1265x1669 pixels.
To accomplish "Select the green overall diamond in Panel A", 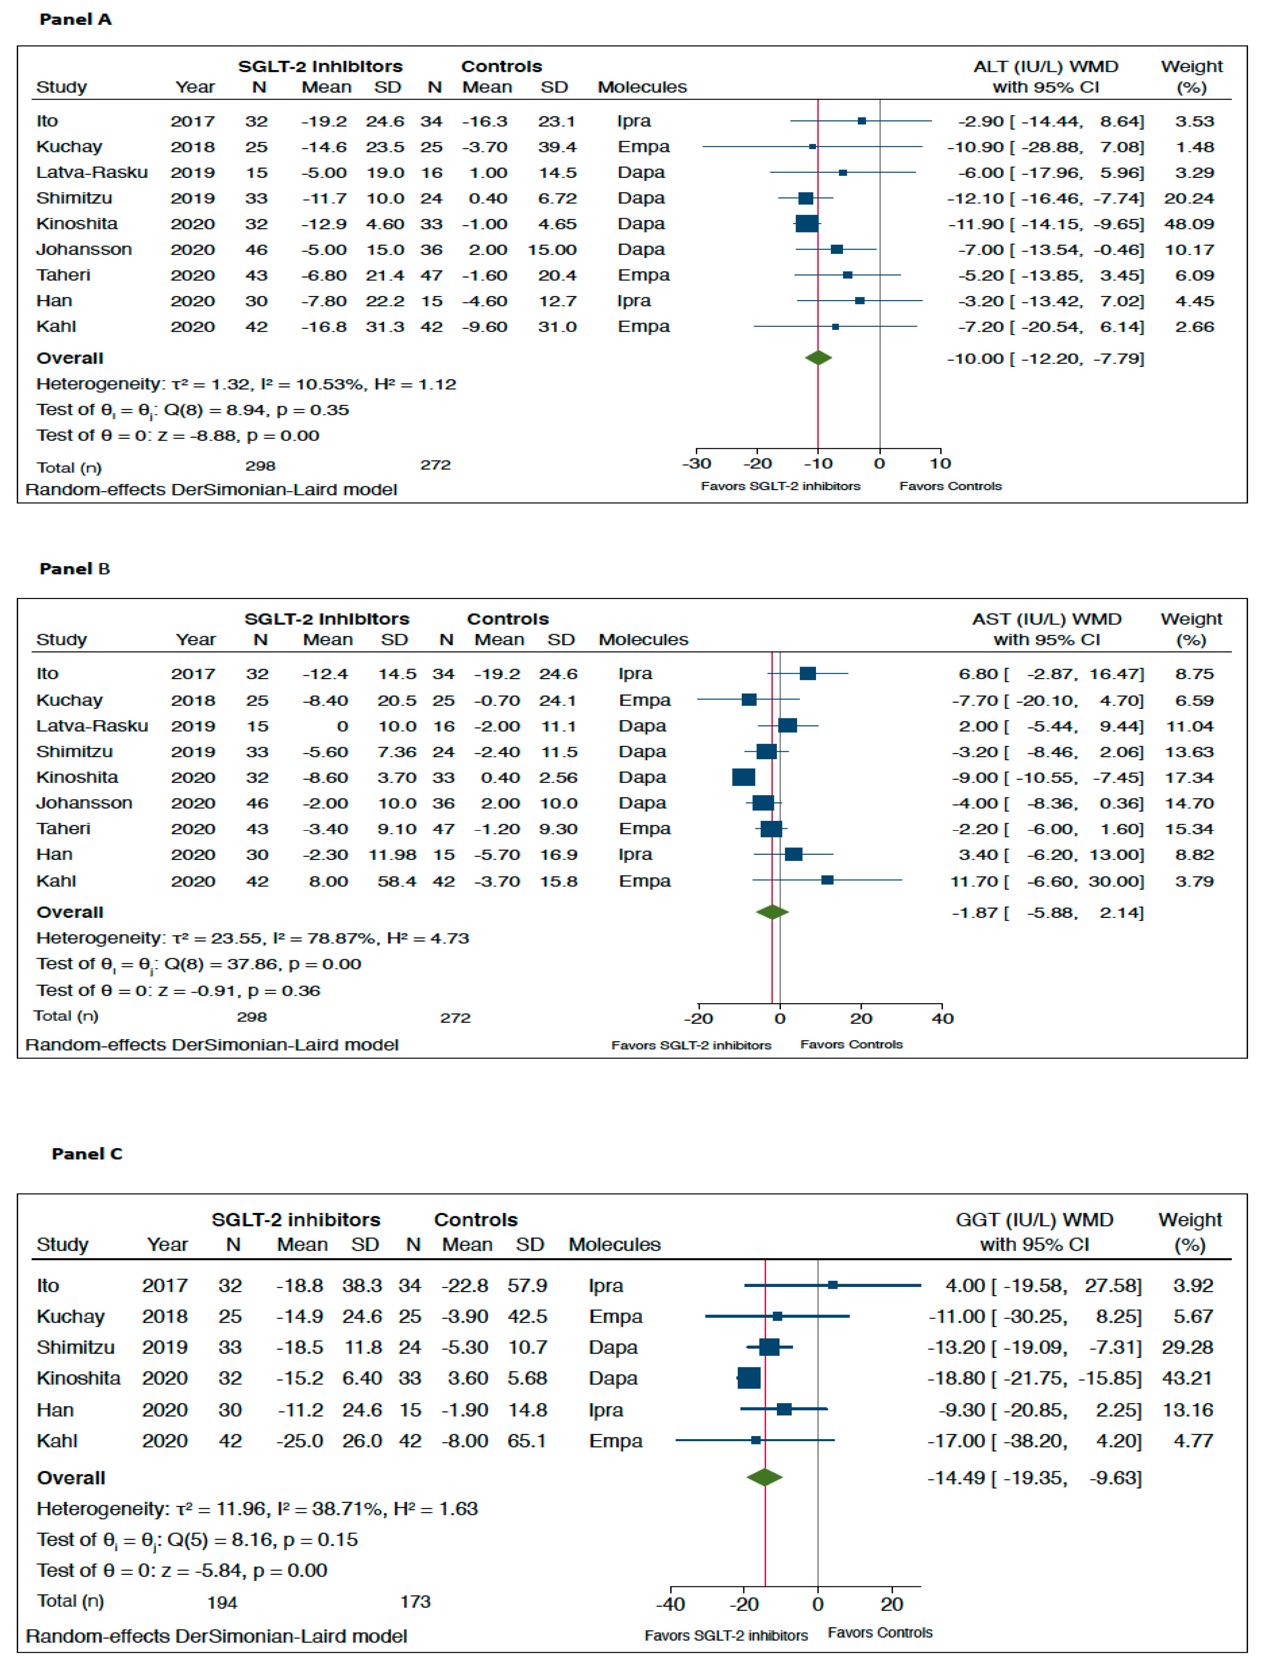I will [x=818, y=358].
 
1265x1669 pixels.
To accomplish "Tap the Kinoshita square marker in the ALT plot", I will [x=807, y=223].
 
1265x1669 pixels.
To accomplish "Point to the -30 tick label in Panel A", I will [x=696, y=463].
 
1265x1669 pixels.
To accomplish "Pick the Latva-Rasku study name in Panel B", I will [x=92, y=726].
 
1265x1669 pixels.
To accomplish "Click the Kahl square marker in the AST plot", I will [x=827, y=880].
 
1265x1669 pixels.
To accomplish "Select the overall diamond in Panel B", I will [x=772, y=912].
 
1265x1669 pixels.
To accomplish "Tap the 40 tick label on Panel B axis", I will [x=942, y=1019].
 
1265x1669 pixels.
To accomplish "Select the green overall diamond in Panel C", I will [x=765, y=1477].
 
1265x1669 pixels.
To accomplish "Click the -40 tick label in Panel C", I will [x=670, y=1604].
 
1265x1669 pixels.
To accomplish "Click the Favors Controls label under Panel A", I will [x=950, y=486].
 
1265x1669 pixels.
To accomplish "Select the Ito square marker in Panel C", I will [x=833, y=1285].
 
